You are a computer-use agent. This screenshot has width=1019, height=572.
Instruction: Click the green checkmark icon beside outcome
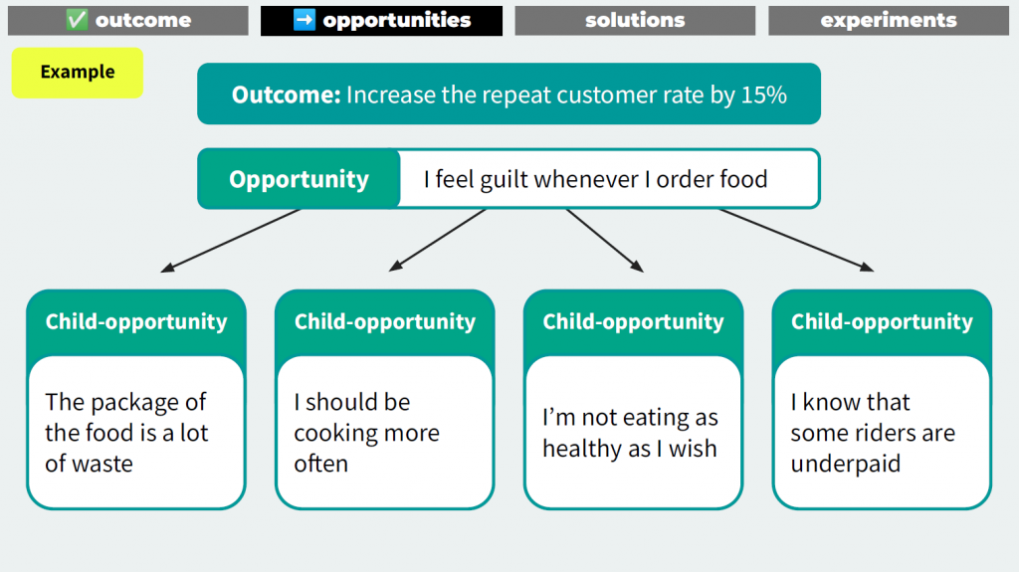pyautogui.click(x=76, y=20)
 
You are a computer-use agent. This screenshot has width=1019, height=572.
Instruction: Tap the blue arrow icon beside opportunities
pyautogui.click(x=305, y=20)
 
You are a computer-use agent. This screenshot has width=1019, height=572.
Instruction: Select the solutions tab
pyautogui.click(x=635, y=20)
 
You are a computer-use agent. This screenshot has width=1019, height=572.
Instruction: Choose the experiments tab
pyautogui.click(x=889, y=20)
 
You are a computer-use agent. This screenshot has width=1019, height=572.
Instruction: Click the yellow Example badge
pyautogui.click(x=78, y=73)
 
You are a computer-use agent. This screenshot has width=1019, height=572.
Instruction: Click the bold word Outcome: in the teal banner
pyautogui.click(x=286, y=95)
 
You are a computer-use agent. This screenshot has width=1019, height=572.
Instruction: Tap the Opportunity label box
pyautogui.click(x=299, y=179)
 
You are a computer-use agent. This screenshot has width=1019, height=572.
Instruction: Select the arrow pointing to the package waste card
pyautogui.click(x=231, y=240)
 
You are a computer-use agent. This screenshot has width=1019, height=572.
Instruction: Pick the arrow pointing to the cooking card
pyautogui.click(x=438, y=240)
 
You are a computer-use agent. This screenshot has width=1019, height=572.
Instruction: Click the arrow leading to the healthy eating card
pyautogui.click(x=604, y=240)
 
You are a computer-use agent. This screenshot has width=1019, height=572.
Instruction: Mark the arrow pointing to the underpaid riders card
pyautogui.click(x=796, y=240)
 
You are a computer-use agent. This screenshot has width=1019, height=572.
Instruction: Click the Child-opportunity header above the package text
pyautogui.click(x=136, y=321)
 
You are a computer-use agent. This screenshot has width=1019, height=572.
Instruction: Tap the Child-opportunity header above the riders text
pyautogui.click(x=882, y=321)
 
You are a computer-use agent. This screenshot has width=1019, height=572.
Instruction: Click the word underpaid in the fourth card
pyautogui.click(x=846, y=465)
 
